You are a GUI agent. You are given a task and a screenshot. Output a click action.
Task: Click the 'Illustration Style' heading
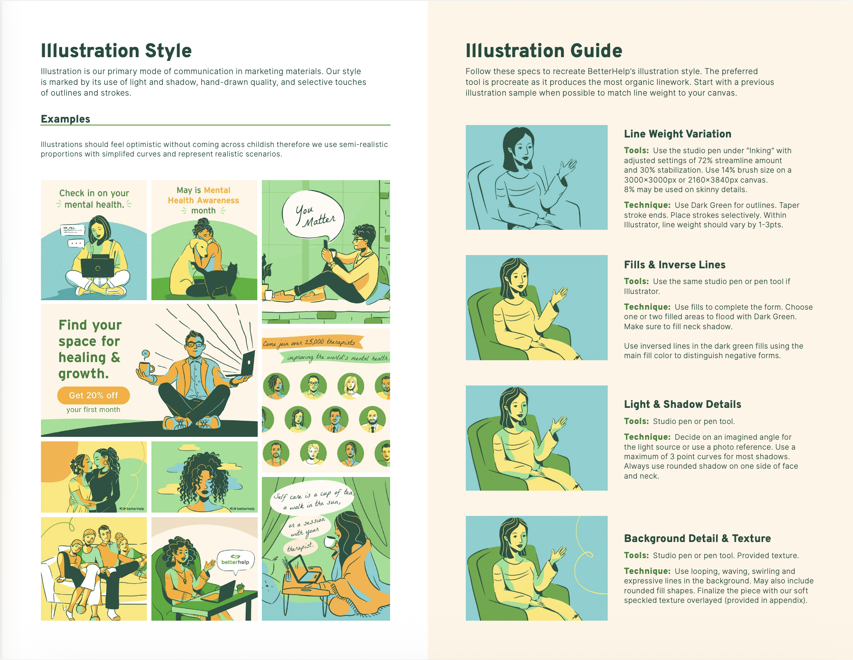(116, 51)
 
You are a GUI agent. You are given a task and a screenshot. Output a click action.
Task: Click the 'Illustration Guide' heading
(544, 51)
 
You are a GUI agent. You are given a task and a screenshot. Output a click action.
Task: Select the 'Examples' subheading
(65, 119)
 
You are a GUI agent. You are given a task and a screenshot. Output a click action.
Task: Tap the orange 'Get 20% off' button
(93, 395)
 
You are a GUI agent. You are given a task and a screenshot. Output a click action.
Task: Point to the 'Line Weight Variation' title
(678, 134)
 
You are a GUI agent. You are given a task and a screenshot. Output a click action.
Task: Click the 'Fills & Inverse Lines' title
(675, 265)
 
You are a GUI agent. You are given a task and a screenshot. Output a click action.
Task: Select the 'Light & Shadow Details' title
(683, 404)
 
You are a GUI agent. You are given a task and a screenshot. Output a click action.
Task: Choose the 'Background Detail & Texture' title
(697, 538)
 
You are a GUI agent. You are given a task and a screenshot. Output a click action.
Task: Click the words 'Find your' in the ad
(90, 325)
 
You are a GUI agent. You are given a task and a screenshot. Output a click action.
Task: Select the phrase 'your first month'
(93, 409)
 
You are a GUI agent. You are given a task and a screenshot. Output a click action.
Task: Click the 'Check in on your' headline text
(94, 193)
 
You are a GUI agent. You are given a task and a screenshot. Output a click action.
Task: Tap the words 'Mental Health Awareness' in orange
(203, 195)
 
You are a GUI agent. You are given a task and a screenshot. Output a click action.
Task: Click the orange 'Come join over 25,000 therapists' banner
(312, 342)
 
